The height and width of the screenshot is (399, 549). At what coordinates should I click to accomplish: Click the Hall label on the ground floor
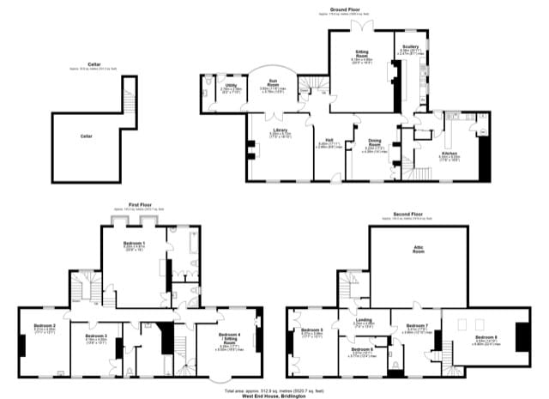tap(330, 141)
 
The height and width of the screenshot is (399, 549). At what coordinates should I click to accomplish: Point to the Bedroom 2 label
tap(45, 326)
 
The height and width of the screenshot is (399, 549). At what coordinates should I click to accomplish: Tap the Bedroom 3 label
tap(95, 336)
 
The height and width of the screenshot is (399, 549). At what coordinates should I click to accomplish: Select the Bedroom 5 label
tap(312, 329)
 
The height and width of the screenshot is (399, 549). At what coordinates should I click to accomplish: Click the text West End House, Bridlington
tap(274, 396)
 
